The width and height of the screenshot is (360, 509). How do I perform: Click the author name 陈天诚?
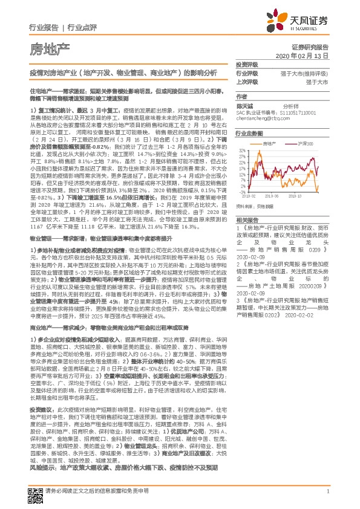pyautogui.click(x=243, y=105)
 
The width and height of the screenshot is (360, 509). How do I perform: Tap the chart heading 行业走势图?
pyautogui.click(x=249, y=133)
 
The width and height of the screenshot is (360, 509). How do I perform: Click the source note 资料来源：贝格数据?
pyautogui.click(x=254, y=206)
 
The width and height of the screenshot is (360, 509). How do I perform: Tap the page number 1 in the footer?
pyautogui.click(x=327, y=493)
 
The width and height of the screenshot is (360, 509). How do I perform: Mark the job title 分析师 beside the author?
pyautogui.click(x=292, y=105)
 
